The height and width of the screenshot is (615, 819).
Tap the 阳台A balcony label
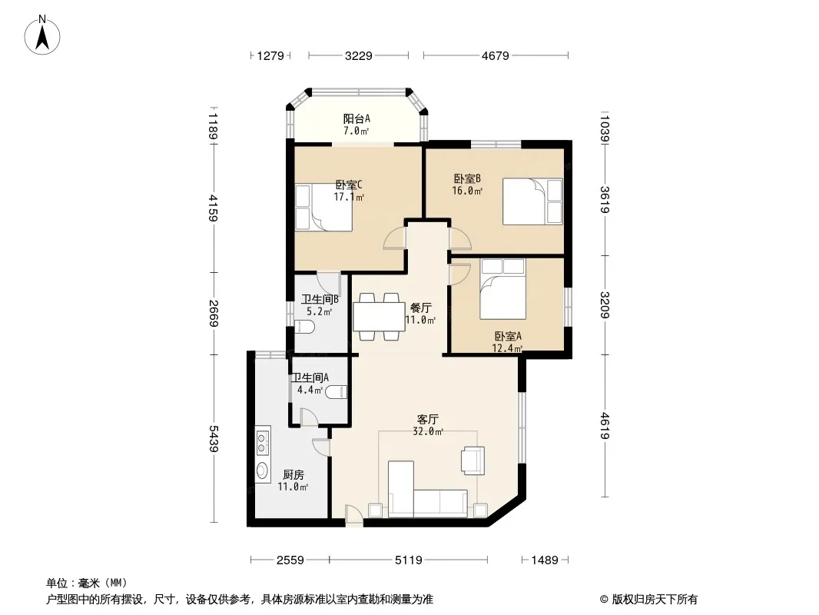click(x=356, y=119)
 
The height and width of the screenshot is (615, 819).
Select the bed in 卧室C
click(x=323, y=207)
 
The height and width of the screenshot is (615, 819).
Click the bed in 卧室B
click(x=532, y=201)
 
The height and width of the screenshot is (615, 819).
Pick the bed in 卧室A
click(x=503, y=289)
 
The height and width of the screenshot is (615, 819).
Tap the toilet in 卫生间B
click(x=304, y=328)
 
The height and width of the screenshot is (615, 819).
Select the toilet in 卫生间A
click(x=337, y=393)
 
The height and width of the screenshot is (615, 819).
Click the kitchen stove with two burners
click(x=263, y=440)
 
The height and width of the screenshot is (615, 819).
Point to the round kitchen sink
click(x=262, y=470)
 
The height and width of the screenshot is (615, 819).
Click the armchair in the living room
click(x=472, y=459)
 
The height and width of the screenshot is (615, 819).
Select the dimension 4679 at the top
click(x=496, y=55)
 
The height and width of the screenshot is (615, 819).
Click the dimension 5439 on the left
click(x=213, y=439)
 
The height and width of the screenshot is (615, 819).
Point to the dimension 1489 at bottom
click(x=545, y=560)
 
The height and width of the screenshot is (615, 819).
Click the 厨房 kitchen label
click(x=293, y=475)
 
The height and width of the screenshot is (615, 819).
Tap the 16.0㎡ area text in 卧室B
click(x=469, y=191)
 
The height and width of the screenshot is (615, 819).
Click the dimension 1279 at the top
click(x=271, y=55)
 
